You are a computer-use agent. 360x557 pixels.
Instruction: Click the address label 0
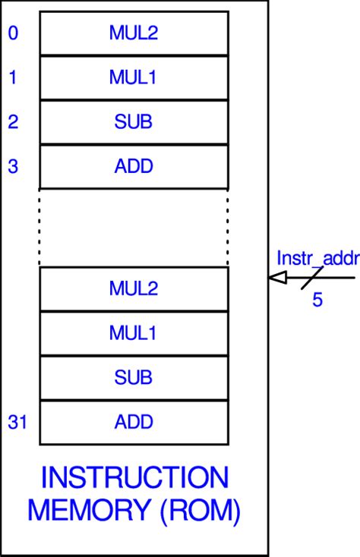(x=13, y=33)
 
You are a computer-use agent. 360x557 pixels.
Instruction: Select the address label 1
(x=13, y=77)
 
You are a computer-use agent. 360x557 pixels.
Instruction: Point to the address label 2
(x=13, y=121)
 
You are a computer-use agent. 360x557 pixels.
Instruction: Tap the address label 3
(x=13, y=165)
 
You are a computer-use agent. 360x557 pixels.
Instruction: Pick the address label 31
(x=17, y=421)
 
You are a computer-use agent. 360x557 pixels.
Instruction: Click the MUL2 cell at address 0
(x=134, y=33)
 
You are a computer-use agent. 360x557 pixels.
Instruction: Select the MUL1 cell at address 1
(x=134, y=77)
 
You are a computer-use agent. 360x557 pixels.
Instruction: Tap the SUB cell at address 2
(x=134, y=122)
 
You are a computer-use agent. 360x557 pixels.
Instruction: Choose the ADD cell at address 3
(x=134, y=166)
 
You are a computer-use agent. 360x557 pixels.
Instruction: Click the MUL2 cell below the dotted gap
(x=134, y=288)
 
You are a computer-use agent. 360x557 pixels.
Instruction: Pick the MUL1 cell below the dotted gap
(x=134, y=332)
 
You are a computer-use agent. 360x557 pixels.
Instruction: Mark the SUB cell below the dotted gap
(x=134, y=377)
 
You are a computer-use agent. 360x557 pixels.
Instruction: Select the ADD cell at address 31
(x=134, y=421)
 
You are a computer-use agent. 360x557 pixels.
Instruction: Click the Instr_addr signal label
(x=317, y=258)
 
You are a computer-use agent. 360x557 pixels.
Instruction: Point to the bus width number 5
(x=317, y=300)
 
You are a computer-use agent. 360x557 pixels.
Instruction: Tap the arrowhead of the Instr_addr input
(x=277, y=278)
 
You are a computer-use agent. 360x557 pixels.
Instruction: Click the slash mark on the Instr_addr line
(x=312, y=278)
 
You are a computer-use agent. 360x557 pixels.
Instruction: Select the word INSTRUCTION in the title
(x=134, y=478)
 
